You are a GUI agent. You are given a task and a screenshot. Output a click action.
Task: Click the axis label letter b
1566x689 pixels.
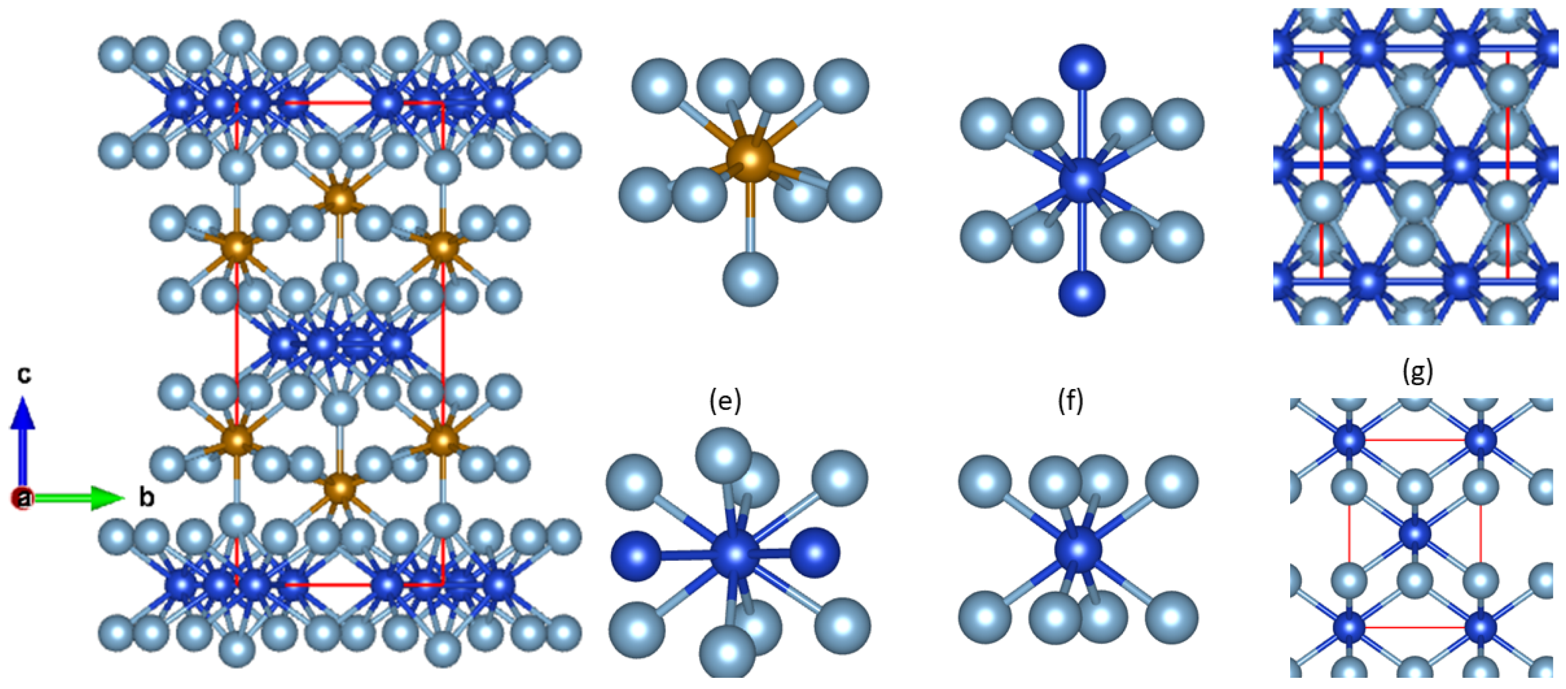tap(147, 497)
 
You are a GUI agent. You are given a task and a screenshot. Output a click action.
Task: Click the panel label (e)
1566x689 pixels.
tap(725, 402)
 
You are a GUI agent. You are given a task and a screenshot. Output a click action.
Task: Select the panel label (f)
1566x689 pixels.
tap(1070, 402)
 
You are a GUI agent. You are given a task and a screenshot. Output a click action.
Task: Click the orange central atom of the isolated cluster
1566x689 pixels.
tap(751, 159)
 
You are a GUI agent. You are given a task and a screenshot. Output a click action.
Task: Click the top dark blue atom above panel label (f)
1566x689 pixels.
tap(1082, 67)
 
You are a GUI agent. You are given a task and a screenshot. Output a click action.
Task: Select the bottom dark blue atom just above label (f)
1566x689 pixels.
tap(1082, 293)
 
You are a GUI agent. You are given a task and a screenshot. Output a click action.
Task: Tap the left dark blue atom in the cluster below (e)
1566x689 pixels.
tap(636, 554)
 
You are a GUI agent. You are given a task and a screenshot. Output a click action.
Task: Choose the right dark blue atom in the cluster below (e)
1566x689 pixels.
tap(814, 553)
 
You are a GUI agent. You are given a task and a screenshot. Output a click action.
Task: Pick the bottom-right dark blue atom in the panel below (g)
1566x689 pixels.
tap(1481, 627)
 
